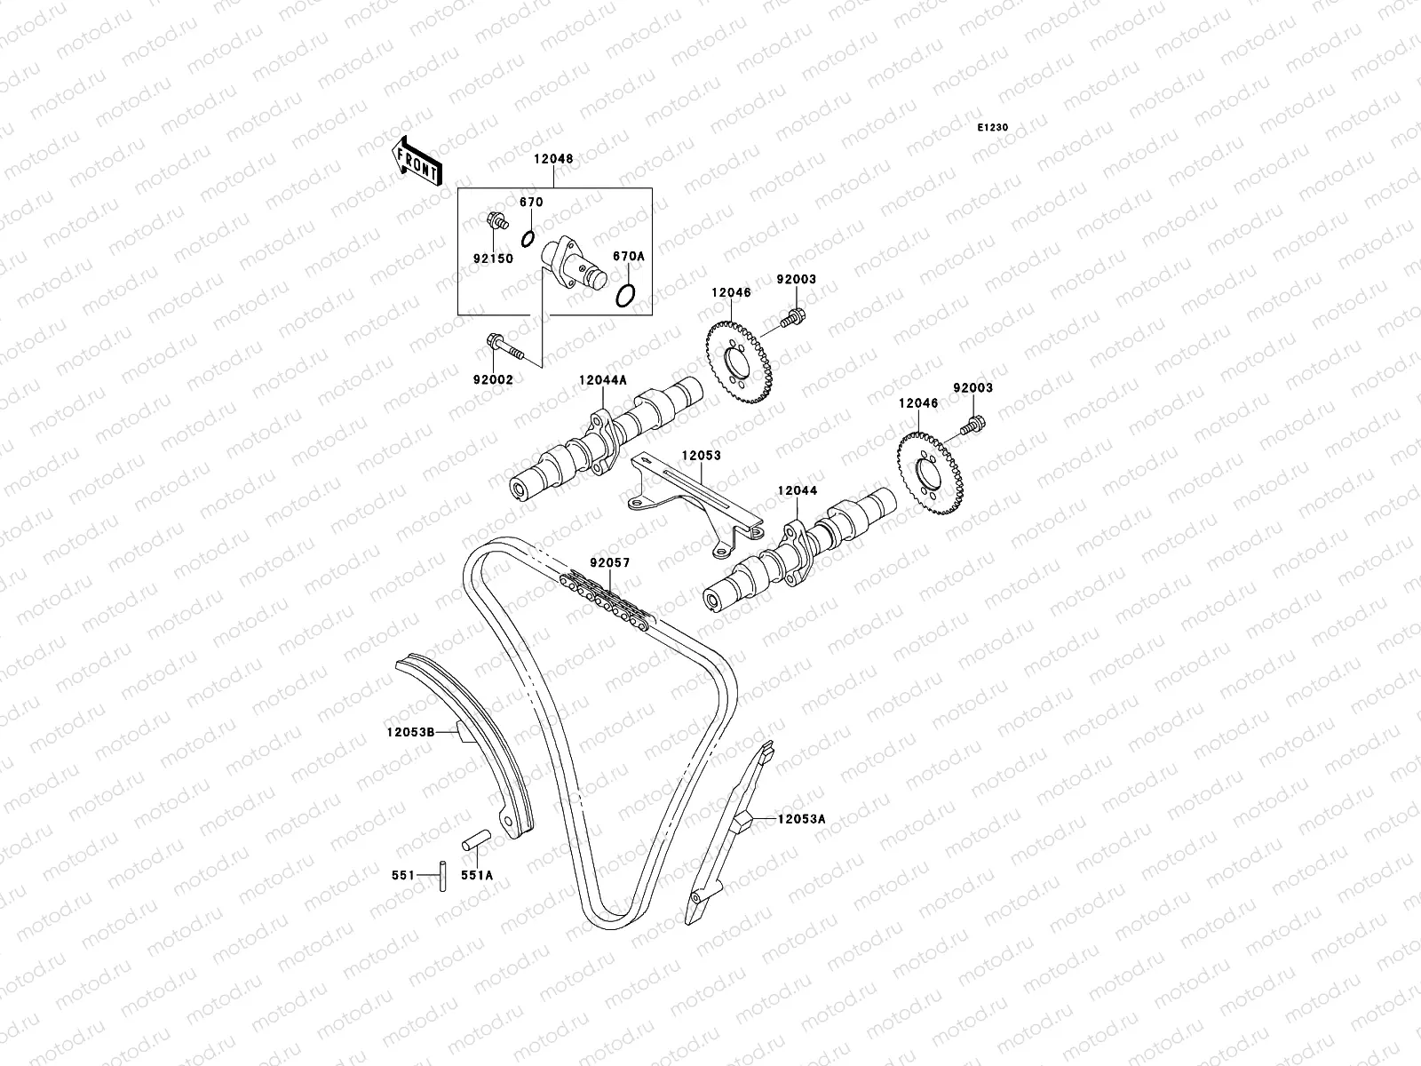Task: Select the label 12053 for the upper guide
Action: click(x=701, y=456)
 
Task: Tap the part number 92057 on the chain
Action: click(x=608, y=562)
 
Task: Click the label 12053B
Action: click(x=409, y=733)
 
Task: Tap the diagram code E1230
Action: click(x=993, y=128)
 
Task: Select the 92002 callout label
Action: click(x=492, y=379)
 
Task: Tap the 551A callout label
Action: click(x=476, y=875)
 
